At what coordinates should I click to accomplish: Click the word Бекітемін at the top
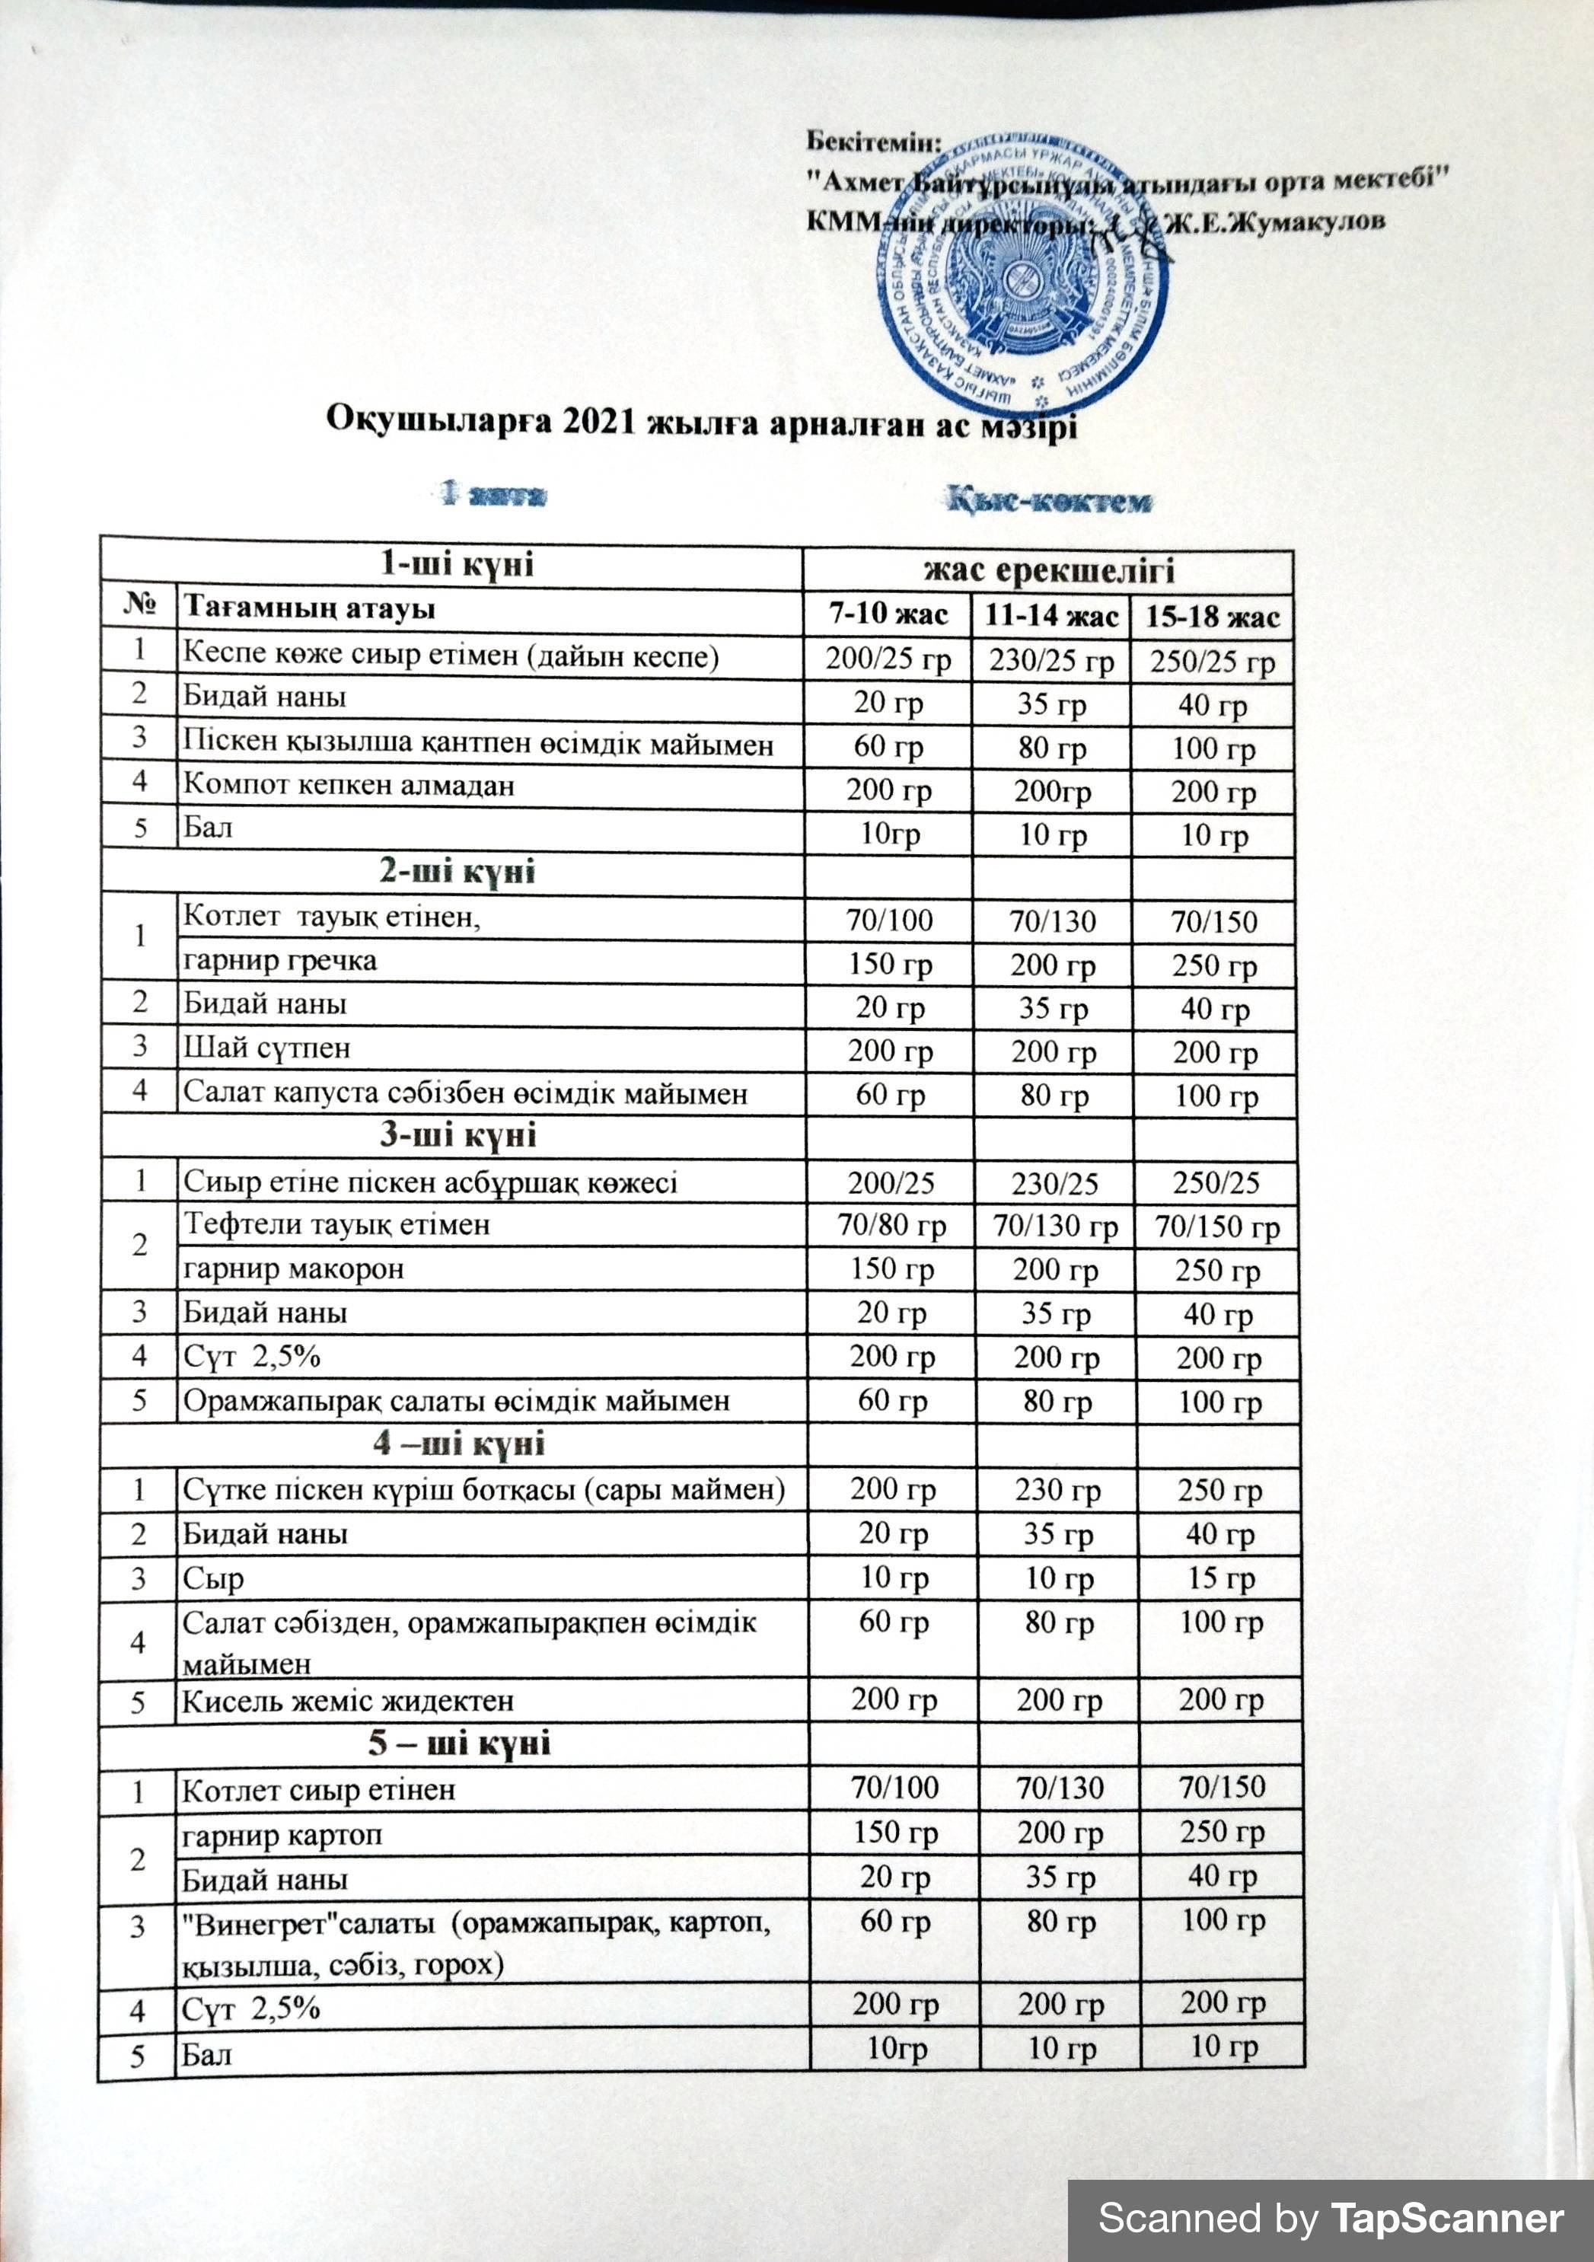click(874, 141)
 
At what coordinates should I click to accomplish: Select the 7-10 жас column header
click(888, 614)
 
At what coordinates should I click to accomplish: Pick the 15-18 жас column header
click(1212, 617)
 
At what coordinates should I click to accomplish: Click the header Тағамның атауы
click(309, 609)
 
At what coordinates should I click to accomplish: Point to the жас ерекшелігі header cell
click(1048, 570)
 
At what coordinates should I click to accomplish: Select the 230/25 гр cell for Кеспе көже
click(1051, 660)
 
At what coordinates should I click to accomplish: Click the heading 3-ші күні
click(458, 1135)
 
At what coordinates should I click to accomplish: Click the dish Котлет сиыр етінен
click(318, 1790)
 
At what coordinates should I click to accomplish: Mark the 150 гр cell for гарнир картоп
click(894, 1833)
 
